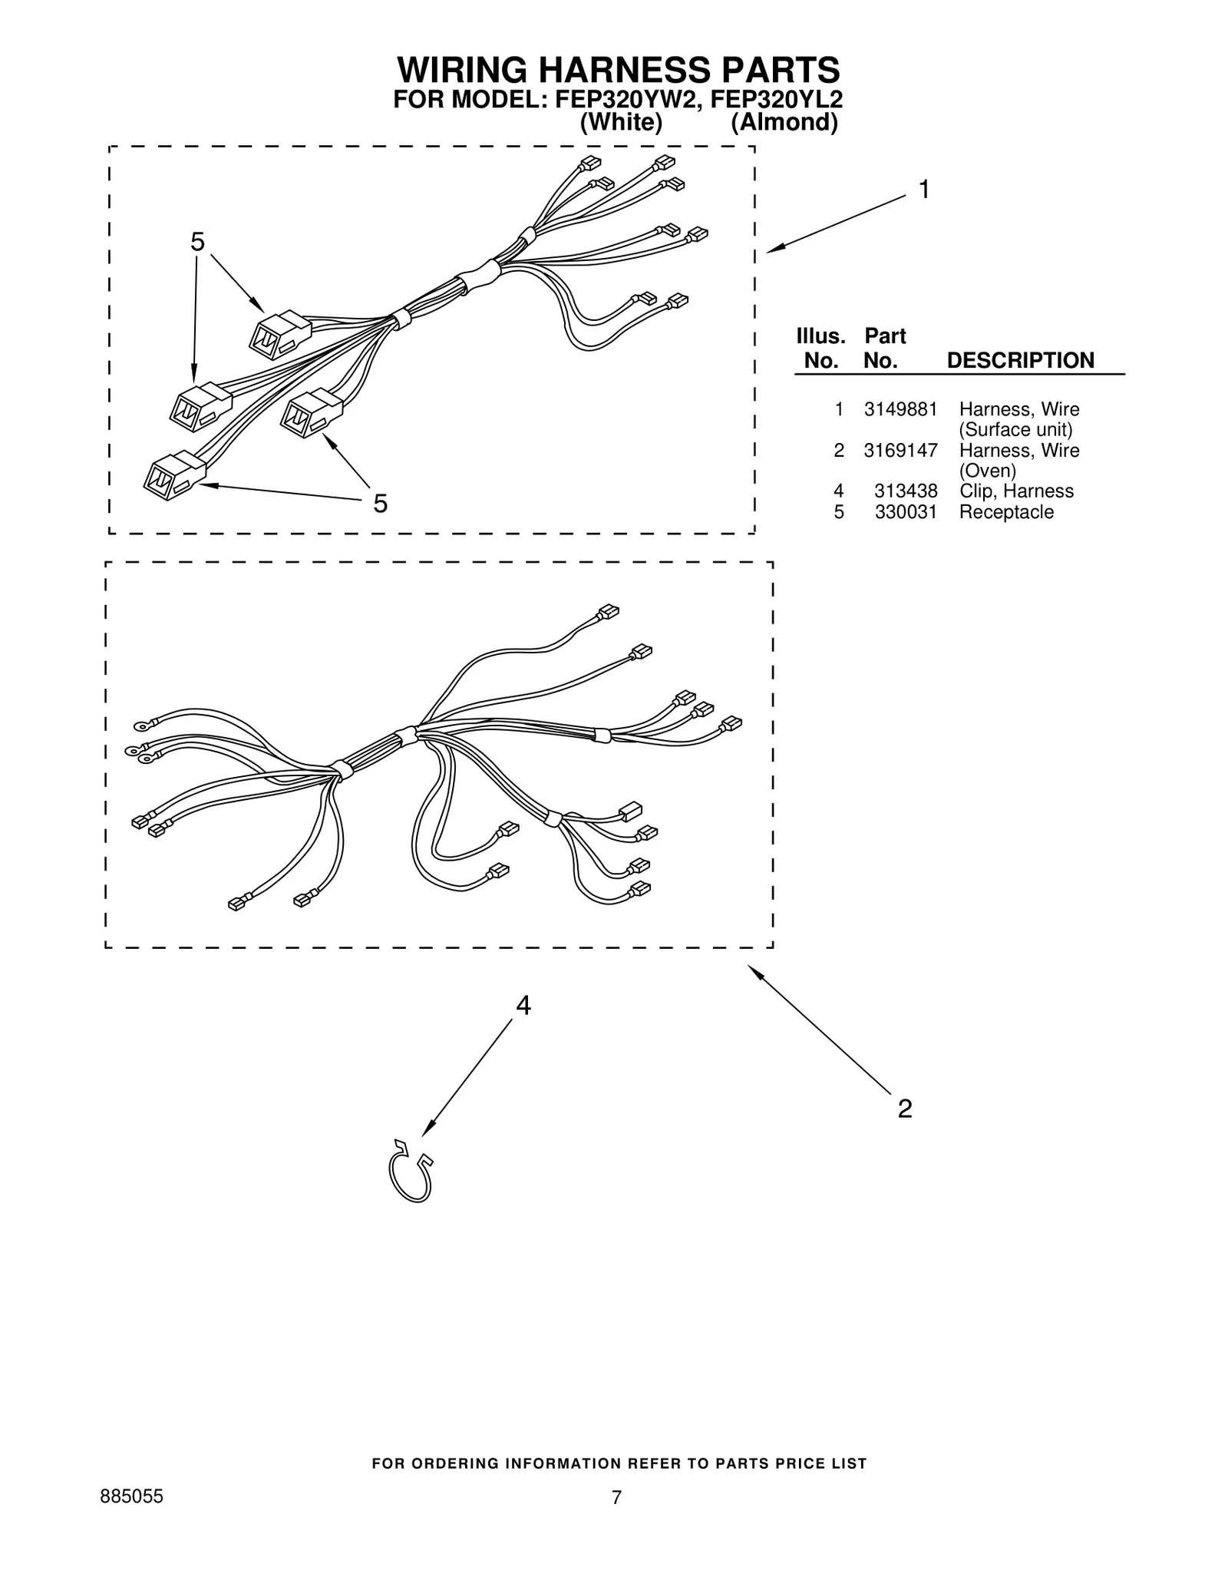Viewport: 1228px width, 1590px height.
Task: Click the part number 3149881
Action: coord(900,409)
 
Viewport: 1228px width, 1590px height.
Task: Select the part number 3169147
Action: coord(900,451)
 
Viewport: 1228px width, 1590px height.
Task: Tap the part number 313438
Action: coord(906,491)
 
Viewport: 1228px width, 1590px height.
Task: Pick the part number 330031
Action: coord(906,512)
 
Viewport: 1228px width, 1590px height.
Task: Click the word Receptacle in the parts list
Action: coord(1006,512)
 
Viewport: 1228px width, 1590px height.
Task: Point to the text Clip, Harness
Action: coord(1016,491)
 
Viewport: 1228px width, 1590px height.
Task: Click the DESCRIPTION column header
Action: coord(1020,361)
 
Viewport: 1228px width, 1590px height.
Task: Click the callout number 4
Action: coord(523,1006)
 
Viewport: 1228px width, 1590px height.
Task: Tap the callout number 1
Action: coord(925,190)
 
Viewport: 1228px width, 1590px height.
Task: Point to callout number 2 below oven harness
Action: coord(905,1109)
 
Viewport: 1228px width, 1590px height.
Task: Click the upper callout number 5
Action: coord(197,243)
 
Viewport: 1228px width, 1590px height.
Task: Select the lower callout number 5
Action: coord(380,504)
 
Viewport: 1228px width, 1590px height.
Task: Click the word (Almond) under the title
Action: coord(784,123)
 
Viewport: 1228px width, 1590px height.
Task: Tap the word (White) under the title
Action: coord(621,123)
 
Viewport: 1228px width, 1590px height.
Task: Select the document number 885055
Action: coord(132,1497)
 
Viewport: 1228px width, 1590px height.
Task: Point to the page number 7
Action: coord(616,1498)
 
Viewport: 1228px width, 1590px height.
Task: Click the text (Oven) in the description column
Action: coord(987,471)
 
